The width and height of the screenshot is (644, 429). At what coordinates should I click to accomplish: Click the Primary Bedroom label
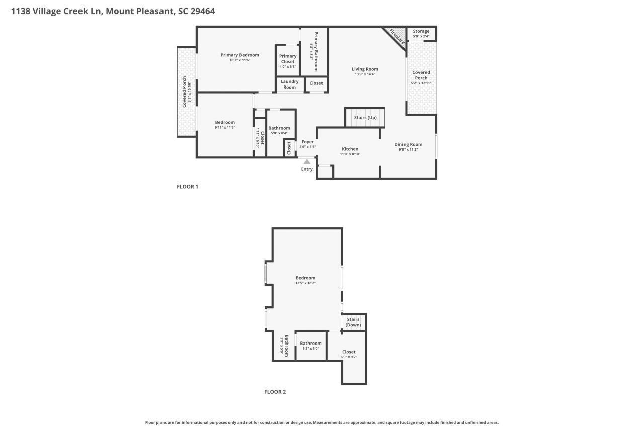click(x=239, y=55)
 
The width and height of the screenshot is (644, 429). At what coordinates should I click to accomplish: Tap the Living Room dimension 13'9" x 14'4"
click(x=364, y=74)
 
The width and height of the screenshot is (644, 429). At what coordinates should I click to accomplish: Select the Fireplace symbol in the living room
click(x=396, y=36)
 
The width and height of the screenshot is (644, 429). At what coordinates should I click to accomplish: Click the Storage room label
click(x=421, y=31)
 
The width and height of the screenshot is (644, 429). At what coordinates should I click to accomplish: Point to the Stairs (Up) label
click(x=365, y=118)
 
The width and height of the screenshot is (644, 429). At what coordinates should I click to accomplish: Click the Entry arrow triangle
click(x=307, y=161)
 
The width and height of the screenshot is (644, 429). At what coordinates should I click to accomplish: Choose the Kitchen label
click(x=350, y=149)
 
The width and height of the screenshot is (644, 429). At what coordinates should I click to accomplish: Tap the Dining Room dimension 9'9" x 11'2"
click(x=408, y=149)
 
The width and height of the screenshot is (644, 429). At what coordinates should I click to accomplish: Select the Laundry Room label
click(x=289, y=84)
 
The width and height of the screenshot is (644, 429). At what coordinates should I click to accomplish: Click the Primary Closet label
click(x=288, y=59)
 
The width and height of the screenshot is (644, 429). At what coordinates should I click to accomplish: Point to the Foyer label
click(x=307, y=142)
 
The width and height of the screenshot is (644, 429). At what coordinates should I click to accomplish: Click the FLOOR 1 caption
click(x=187, y=187)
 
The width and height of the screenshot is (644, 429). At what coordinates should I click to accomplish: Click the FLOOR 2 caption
click(x=275, y=392)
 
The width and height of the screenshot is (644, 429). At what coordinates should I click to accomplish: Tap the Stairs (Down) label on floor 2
click(x=353, y=322)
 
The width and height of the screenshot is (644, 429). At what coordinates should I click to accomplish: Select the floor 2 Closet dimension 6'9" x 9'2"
click(x=348, y=357)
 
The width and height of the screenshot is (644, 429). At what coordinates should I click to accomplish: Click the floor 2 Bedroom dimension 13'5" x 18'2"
click(x=305, y=283)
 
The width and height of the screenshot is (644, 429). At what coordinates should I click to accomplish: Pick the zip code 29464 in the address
click(x=203, y=11)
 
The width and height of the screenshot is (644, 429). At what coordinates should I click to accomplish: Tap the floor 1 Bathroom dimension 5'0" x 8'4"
click(x=279, y=133)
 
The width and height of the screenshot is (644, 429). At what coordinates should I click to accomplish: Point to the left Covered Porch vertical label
click(x=185, y=92)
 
